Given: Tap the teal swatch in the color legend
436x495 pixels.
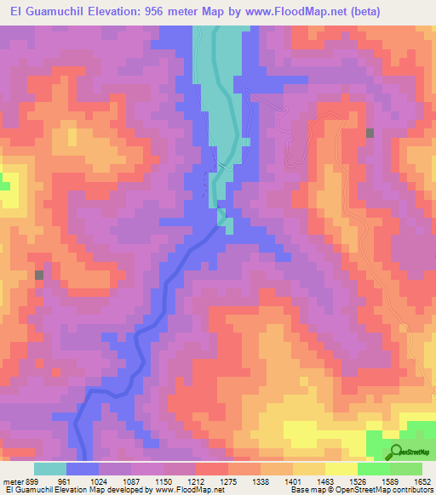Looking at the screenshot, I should (x=50, y=469).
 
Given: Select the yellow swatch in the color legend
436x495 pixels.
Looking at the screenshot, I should (x=341, y=469).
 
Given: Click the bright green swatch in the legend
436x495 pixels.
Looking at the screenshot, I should (x=373, y=469).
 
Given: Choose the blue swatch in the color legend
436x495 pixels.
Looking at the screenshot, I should (x=83, y=469).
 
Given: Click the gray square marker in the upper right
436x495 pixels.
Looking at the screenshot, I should (x=370, y=133).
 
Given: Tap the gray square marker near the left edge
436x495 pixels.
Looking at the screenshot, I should (x=39, y=275).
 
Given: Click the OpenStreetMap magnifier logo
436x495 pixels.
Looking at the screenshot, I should (x=396, y=451).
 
